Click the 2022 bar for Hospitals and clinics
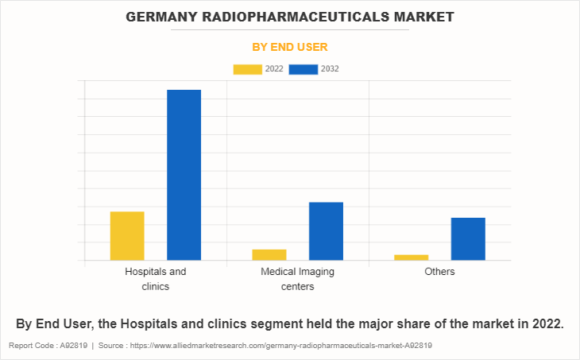[x=127, y=236]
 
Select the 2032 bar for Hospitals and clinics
[x=184, y=175]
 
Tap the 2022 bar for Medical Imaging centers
[x=269, y=254]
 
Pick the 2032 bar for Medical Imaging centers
[x=326, y=231]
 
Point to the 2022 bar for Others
[x=411, y=257]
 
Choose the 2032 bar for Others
[x=468, y=238]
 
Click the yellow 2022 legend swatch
[x=247, y=69]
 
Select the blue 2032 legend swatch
[x=304, y=69]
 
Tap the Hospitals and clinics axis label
[x=156, y=278]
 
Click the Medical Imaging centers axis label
[x=297, y=278]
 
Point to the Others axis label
[x=439, y=272]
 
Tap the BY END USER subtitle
[x=290, y=47]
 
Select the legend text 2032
[x=331, y=69]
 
